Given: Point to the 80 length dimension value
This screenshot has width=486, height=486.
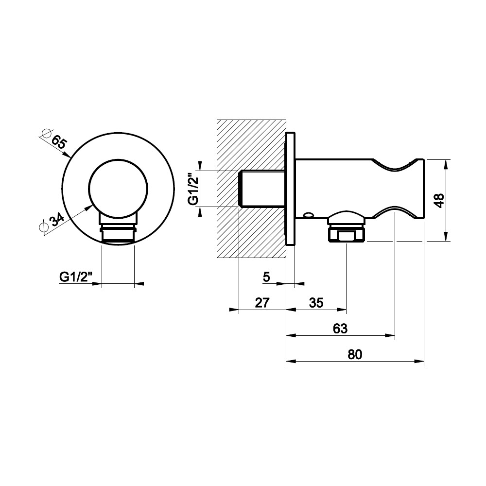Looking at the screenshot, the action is tap(355, 354).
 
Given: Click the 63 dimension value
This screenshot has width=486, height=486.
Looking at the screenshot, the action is tap(340, 329).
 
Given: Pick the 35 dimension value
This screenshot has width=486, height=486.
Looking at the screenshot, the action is tap(316, 302).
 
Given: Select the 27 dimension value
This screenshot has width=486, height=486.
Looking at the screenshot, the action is tap(262, 302).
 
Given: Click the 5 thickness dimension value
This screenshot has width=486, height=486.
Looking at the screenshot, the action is tap(266, 277).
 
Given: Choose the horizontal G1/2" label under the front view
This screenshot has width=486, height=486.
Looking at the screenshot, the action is tap(76, 277).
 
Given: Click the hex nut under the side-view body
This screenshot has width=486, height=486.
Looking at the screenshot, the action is tap(347, 235).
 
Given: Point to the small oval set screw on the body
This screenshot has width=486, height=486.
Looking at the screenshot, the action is tap(309, 214).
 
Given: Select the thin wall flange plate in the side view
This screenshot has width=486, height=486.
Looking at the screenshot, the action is tap(291, 189).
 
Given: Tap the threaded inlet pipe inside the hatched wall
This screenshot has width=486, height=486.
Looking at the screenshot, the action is tap(262, 189).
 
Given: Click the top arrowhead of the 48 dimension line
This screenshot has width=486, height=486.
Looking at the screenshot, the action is tap(446, 164).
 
